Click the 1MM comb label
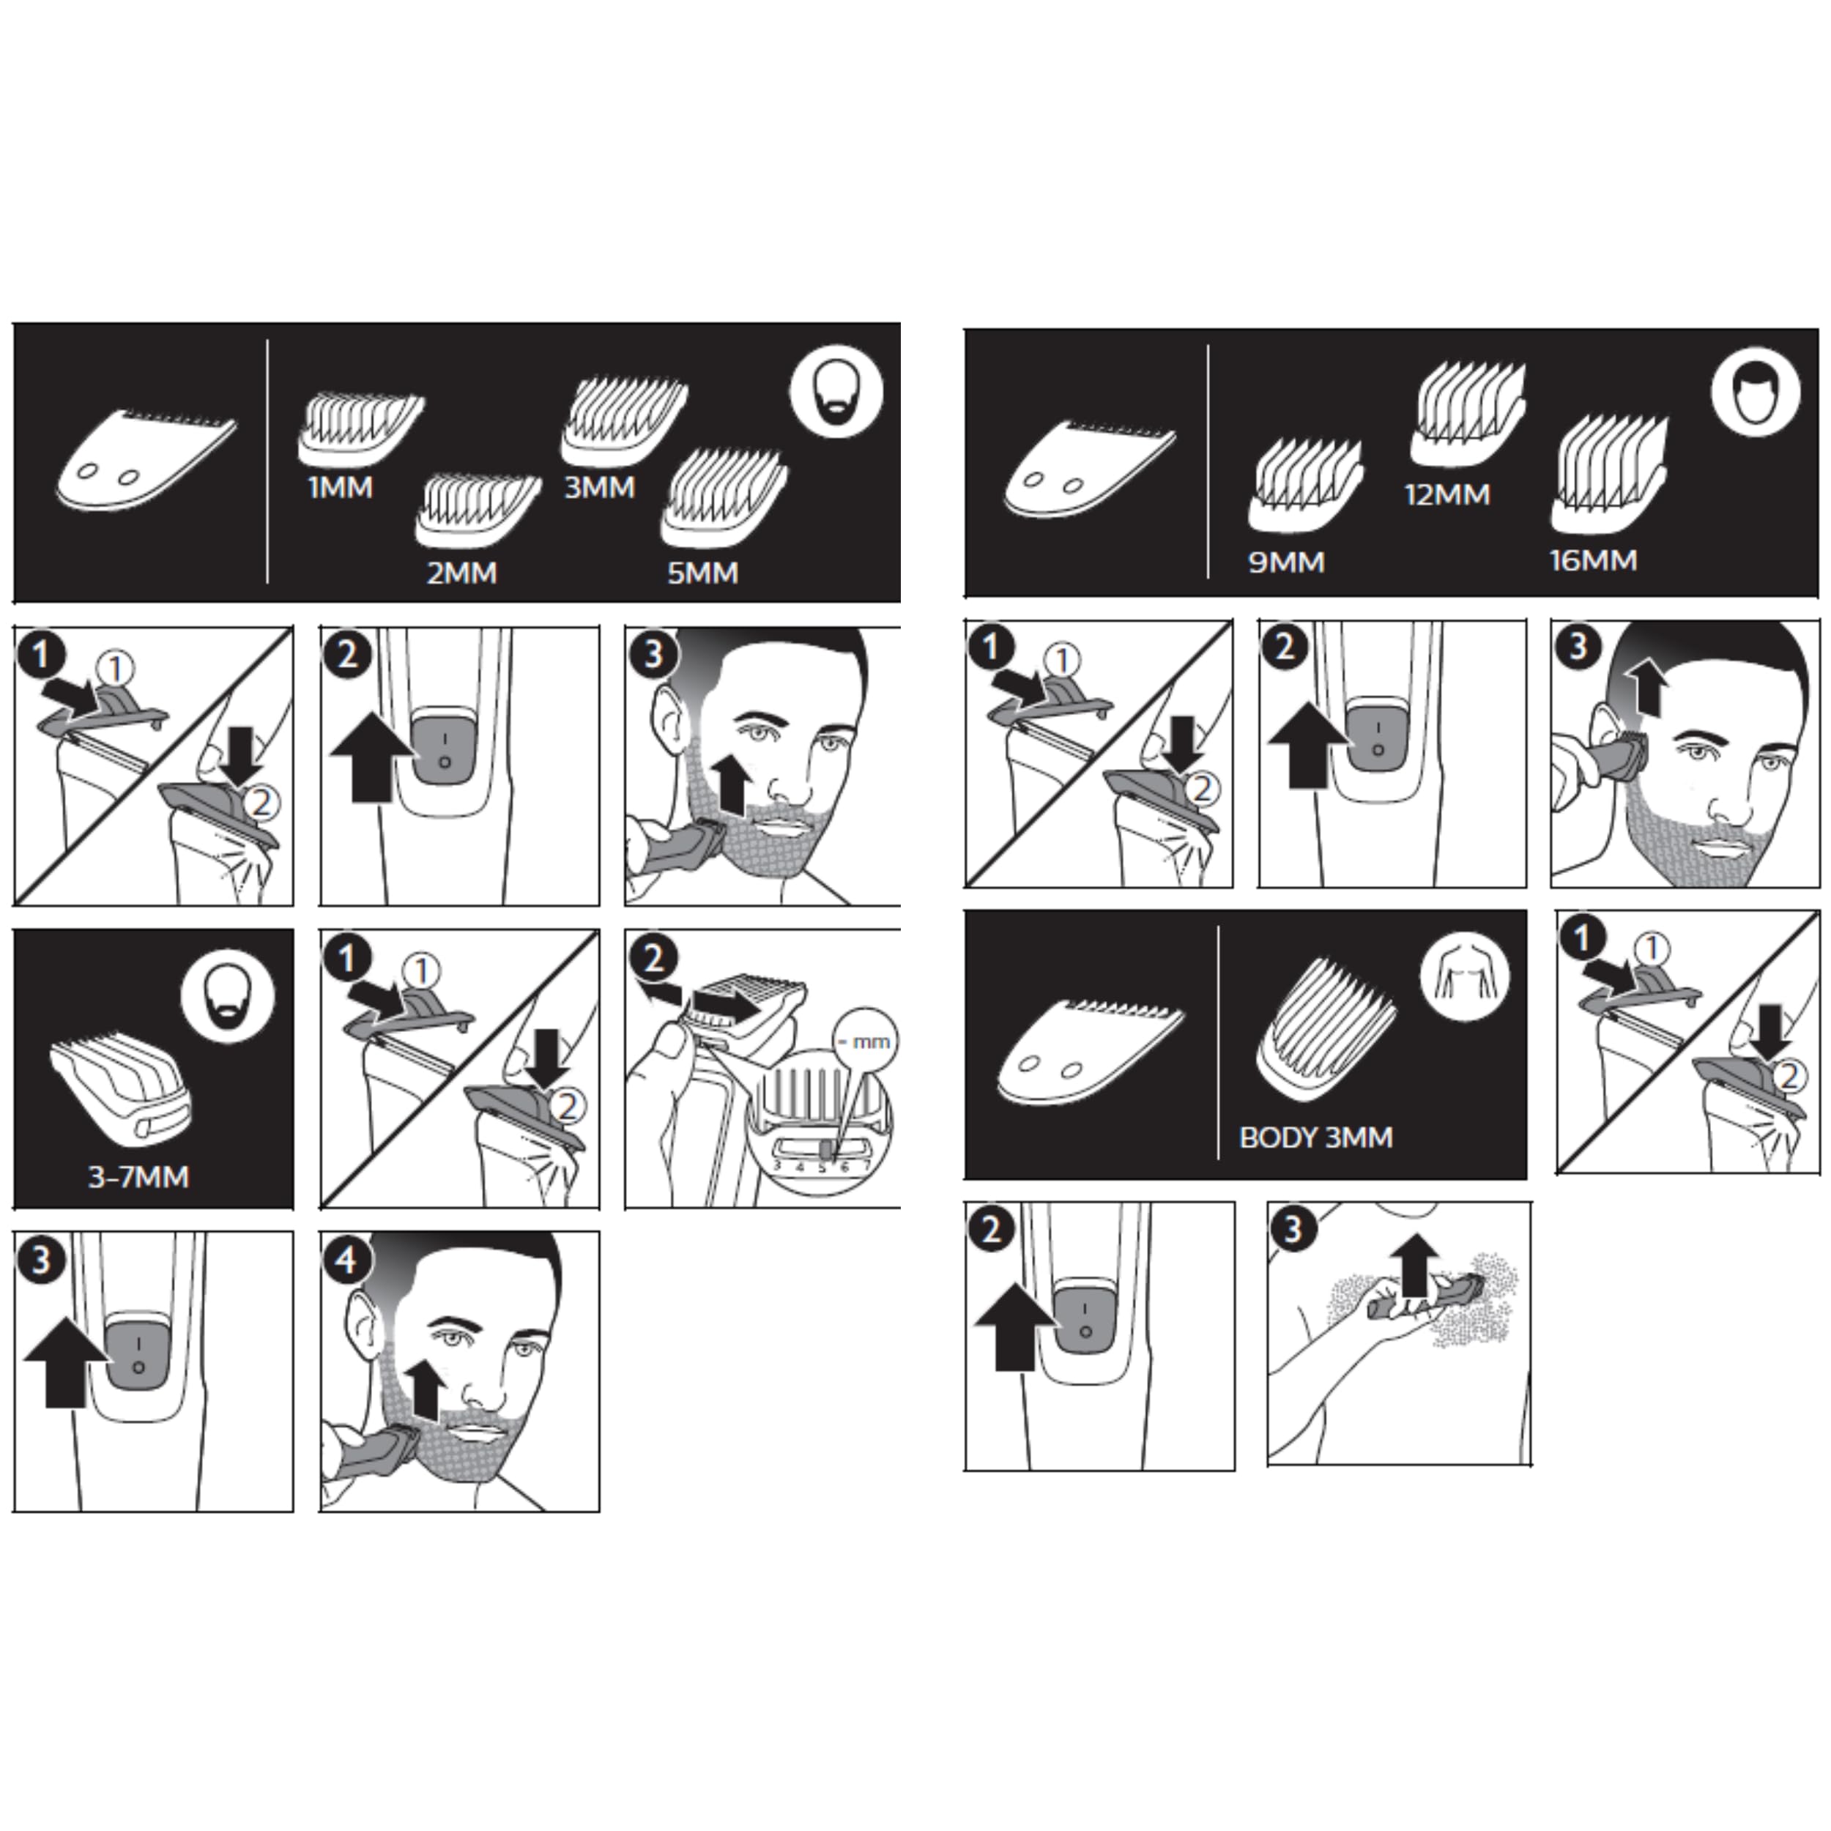[341, 488]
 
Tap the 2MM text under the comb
[461, 573]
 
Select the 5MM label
[702, 573]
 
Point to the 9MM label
[1286, 562]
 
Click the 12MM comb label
[1447, 494]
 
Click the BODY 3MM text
[1316, 1137]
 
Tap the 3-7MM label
[138, 1177]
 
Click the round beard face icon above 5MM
[837, 391]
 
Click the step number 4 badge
[346, 1260]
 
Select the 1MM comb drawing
[361, 430]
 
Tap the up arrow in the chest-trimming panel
[1415, 1264]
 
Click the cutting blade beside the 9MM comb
[1090, 470]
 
